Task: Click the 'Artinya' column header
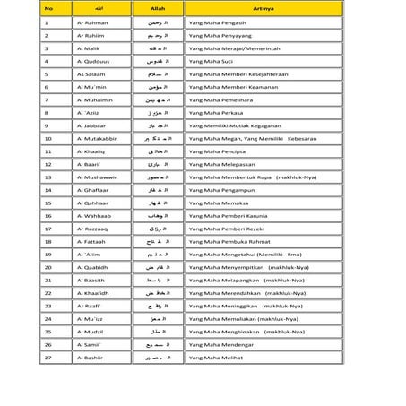[263, 9]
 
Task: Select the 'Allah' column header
[157, 9]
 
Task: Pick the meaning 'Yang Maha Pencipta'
[217, 151]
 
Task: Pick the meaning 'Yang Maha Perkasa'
[215, 113]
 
